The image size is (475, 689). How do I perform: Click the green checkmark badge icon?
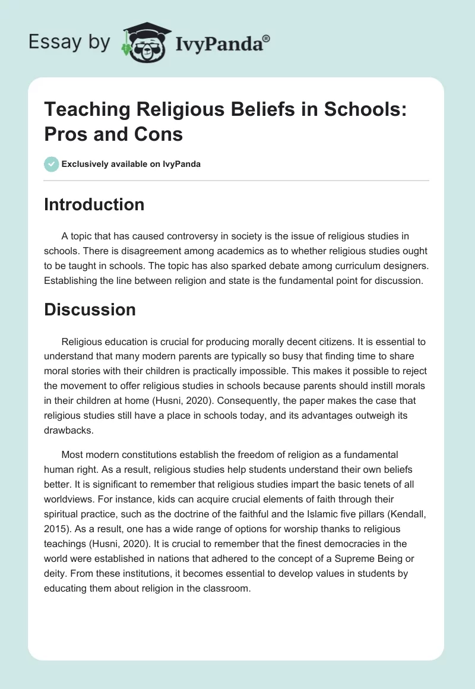52,164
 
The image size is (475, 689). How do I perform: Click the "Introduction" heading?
94,204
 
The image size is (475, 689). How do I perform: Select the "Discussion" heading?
90,309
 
